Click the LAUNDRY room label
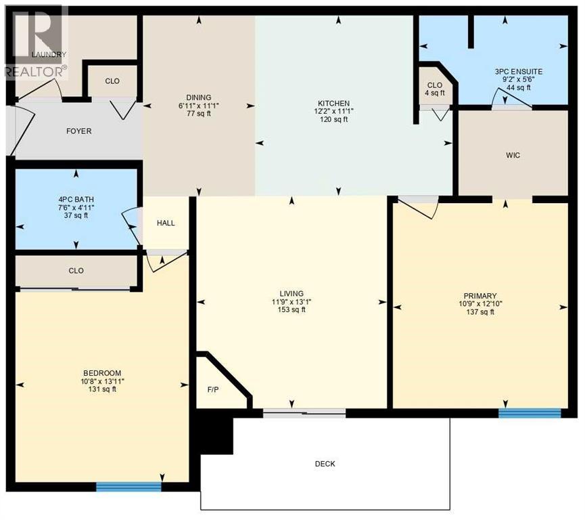[x=49, y=55]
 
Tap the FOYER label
[x=78, y=131]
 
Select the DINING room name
[x=200, y=97]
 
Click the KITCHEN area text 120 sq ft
[x=333, y=120]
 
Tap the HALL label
[x=166, y=223]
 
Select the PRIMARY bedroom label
[x=480, y=296]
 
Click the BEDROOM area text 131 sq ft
[x=101, y=389]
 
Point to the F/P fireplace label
[x=212, y=391]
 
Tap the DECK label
[x=325, y=464]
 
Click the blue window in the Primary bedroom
[x=530, y=413]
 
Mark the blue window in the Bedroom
[x=128, y=486]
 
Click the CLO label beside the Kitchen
[x=435, y=85]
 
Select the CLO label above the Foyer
[x=112, y=81]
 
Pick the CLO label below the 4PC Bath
[x=76, y=271]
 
